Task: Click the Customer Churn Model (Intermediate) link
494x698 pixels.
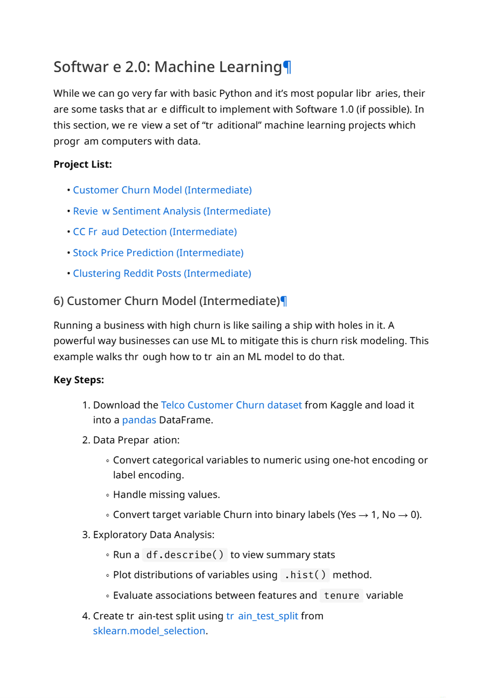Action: coord(162,190)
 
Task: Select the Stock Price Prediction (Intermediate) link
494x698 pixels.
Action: coord(158,252)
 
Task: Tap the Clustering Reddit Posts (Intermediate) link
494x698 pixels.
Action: coord(162,273)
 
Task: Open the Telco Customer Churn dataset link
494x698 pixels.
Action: coord(231,405)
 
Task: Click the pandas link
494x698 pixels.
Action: coord(139,420)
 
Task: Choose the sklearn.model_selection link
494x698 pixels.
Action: coord(149,631)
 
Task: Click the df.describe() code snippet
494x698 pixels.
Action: coord(185,555)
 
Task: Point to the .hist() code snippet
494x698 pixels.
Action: coord(305,575)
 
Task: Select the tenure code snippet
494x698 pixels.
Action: coord(341,595)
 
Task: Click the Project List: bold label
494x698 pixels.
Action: coord(83,164)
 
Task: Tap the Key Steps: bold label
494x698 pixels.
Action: coord(79,380)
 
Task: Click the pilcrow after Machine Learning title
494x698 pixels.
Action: coord(287,67)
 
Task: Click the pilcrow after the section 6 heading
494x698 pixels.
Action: coord(284,301)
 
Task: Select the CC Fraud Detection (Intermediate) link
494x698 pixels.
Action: coord(155,232)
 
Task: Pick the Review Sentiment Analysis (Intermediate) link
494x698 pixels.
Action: coord(172,211)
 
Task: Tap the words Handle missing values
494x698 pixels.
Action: coord(166,494)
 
